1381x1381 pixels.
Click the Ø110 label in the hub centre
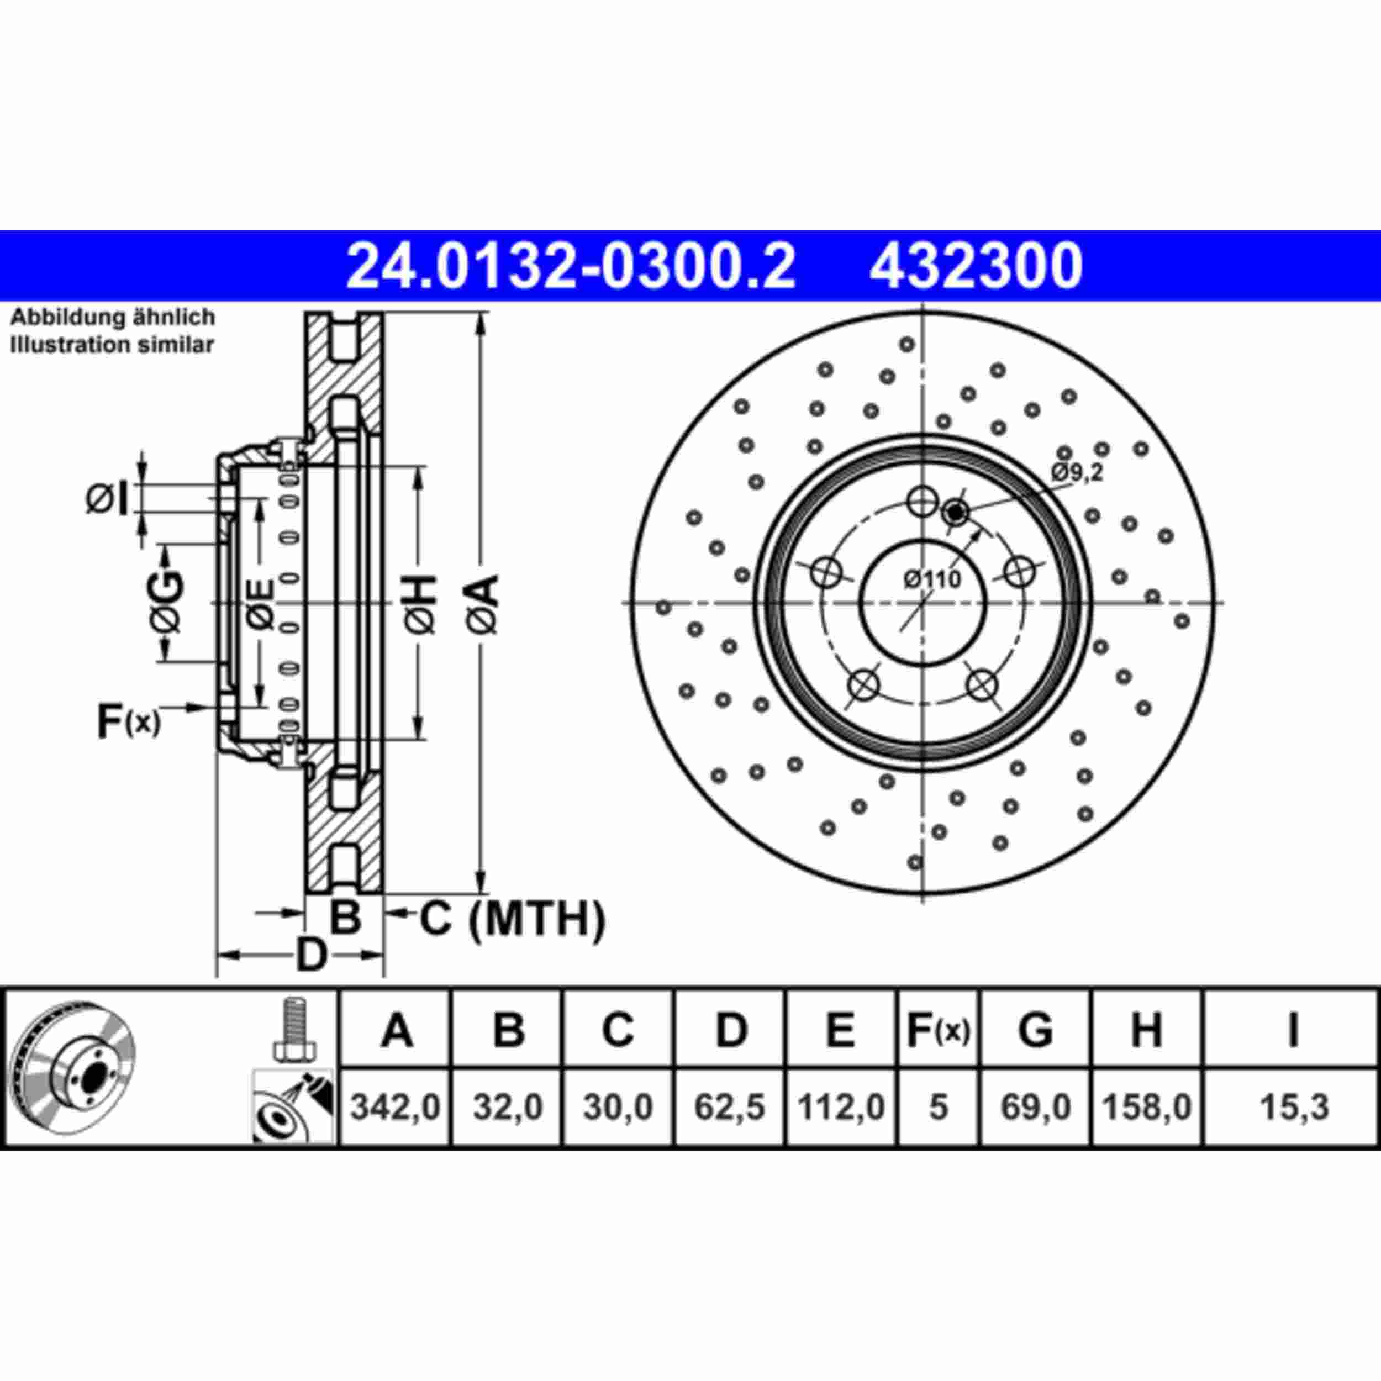click(x=932, y=579)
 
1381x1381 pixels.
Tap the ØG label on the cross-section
click(x=167, y=603)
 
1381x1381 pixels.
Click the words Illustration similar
click(x=112, y=345)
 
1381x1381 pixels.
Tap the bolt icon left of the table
click(x=293, y=1029)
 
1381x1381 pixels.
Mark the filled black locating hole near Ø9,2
click(x=956, y=512)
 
